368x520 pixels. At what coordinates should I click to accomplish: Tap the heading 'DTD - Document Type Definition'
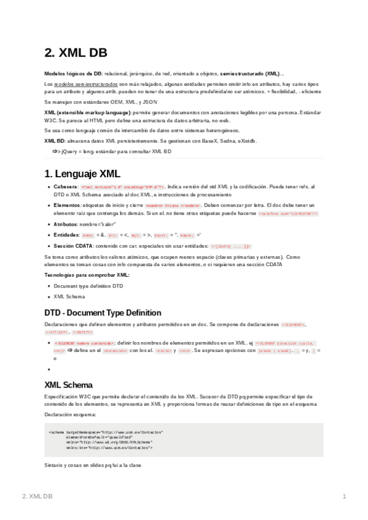click(x=103, y=312)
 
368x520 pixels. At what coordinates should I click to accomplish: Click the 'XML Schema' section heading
click(x=68, y=385)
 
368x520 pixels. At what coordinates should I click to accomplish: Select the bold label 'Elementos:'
click(x=67, y=205)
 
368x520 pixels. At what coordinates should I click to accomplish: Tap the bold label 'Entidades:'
click(x=67, y=235)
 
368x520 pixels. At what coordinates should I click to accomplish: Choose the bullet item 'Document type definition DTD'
click(x=88, y=286)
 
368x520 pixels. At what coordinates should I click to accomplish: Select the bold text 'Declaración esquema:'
click(x=69, y=415)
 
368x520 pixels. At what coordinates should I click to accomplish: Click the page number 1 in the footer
click(x=345, y=495)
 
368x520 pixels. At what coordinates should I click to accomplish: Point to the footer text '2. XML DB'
click(x=37, y=495)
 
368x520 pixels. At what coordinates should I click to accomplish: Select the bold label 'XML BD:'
click(x=55, y=140)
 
